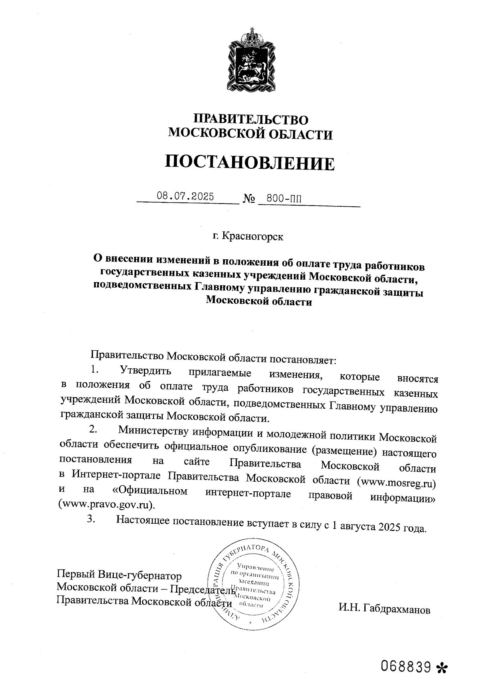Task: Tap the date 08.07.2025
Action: point(185,197)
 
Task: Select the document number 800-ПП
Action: point(284,198)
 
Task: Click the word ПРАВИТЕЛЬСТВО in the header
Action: point(251,119)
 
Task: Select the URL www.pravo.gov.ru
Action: point(106,504)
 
